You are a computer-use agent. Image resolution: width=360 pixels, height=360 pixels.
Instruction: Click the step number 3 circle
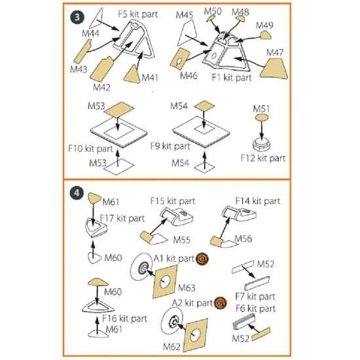click(77, 17)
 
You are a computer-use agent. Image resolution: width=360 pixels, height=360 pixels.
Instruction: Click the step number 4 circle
click(77, 193)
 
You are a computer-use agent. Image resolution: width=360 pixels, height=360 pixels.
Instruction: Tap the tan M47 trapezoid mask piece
click(274, 69)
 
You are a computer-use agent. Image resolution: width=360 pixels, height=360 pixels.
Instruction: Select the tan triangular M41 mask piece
click(132, 75)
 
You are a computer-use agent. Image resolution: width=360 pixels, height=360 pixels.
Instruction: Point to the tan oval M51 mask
click(262, 118)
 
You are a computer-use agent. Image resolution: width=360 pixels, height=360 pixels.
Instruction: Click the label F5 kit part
click(137, 14)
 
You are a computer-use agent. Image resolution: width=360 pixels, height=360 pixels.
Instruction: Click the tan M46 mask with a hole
click(180, 58)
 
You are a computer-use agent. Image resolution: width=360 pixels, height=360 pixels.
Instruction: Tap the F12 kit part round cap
click(261, 144)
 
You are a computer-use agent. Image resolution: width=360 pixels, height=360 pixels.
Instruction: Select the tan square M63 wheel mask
click(165, 281)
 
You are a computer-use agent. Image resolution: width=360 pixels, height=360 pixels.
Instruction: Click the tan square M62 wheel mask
click(196, 335)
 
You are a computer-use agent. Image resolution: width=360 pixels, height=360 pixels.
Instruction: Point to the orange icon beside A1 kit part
click(202, 259)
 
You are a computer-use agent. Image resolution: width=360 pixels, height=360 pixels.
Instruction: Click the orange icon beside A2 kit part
click(220, 303)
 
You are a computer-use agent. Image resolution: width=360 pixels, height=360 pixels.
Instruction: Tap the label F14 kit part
click(258, 201)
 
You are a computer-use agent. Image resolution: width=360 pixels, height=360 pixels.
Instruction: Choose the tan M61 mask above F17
click(94, 198)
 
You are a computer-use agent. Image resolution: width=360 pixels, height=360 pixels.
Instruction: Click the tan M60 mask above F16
click(98, 282)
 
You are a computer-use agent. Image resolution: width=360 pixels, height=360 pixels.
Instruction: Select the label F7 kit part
click(255, 297)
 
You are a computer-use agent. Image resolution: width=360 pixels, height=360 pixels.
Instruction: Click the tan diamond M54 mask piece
click(204, 106)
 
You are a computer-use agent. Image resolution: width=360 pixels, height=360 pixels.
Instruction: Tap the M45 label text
click(184, 15)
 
